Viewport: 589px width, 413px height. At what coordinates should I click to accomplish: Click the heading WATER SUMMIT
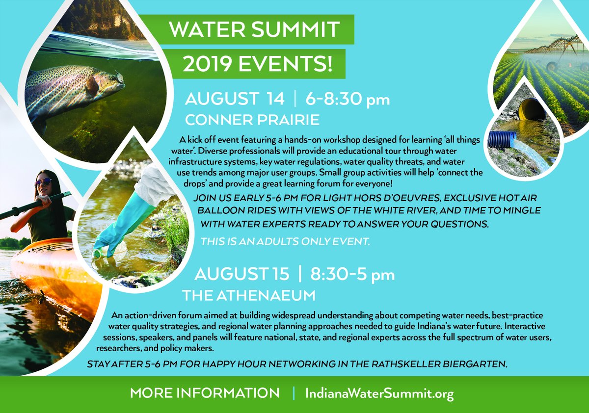pos(254,30)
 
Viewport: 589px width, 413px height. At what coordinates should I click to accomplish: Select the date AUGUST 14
pos(234,99)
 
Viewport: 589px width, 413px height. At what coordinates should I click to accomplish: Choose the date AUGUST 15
pos(242,274)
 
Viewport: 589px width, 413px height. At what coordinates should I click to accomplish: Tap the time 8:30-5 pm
pos(352,275)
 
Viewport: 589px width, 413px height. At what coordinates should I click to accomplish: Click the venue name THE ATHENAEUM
pos(248,295)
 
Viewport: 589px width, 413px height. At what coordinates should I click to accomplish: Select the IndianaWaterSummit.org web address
pos(379,393)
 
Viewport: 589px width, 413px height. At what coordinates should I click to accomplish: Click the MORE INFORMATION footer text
pos(205,393)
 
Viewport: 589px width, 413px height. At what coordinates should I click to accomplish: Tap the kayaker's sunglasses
pos(43,182)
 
